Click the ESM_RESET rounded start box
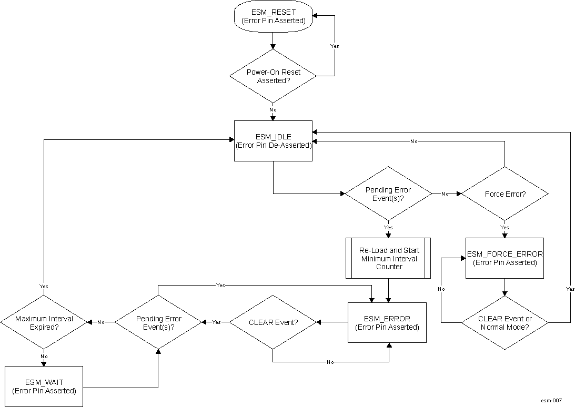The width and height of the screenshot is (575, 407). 273,16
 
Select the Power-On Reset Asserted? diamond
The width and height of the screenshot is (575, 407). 273,76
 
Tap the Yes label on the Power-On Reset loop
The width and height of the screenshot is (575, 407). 335,46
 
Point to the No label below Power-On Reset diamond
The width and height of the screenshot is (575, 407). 273,109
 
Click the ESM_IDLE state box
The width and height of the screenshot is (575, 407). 273,141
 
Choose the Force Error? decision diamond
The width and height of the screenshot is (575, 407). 505,194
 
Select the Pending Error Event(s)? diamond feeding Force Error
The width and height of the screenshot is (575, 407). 388,194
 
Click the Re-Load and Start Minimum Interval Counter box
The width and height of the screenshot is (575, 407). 388,258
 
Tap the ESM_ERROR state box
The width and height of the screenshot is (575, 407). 387,322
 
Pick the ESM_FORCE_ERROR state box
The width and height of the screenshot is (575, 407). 505,258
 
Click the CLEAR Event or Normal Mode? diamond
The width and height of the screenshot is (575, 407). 505,322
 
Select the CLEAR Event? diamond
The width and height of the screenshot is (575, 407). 273,322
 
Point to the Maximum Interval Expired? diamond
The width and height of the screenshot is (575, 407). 44,322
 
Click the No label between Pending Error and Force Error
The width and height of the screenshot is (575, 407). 445,194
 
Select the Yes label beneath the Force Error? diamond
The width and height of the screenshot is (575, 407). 505,228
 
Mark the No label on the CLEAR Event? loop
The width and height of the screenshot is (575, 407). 330,362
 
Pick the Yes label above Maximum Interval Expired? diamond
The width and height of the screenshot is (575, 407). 44,287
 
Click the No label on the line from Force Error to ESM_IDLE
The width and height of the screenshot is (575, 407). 415,141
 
